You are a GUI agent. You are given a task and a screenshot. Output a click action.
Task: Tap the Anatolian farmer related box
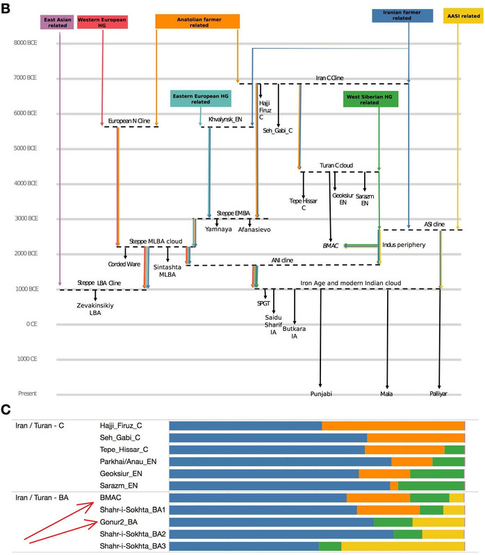197,21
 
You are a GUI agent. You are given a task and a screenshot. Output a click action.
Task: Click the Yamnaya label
217,229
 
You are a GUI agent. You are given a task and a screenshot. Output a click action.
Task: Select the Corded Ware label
125,264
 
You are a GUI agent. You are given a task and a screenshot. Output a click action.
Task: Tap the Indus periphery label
404,245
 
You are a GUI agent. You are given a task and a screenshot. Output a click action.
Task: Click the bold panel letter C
6,410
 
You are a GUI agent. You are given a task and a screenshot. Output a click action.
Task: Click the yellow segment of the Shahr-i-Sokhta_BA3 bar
403,547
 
